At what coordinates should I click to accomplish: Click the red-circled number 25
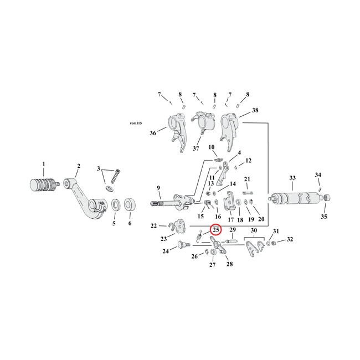coord(215,230)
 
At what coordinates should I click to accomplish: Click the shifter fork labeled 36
coord(175,130)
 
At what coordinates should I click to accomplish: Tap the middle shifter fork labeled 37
coord(203,127)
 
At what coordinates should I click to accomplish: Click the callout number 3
coord(99,169)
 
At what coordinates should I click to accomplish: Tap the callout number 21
coord(248,179)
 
